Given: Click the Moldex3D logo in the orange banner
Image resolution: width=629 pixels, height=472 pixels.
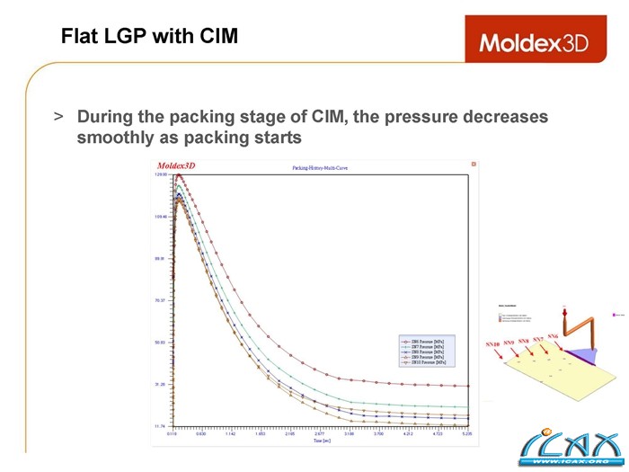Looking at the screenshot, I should (x=534, y=42).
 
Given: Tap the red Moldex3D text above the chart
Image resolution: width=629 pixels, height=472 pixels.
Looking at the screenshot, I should (x=176, y=166).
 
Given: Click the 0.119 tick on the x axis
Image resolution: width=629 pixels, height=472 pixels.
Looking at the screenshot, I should (x=172, y=433).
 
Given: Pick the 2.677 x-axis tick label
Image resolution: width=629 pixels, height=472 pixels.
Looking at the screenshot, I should (x=319, y=433).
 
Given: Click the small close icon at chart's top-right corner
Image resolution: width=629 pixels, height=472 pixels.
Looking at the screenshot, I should (x=474, y=164).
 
